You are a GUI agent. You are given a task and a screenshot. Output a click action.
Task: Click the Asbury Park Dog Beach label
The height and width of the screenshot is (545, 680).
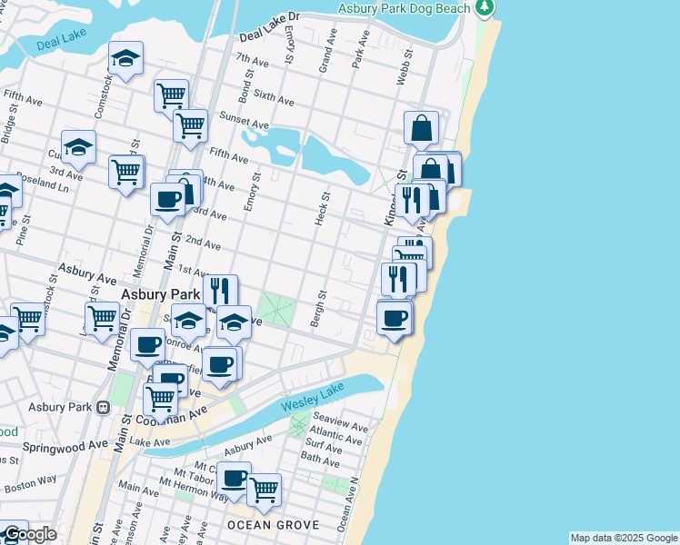404,8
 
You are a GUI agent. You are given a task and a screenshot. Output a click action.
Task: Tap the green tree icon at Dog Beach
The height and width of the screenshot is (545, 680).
485,8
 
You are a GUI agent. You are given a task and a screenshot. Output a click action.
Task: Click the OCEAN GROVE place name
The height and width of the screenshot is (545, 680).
273,525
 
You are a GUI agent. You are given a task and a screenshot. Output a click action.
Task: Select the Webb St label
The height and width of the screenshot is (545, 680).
402,67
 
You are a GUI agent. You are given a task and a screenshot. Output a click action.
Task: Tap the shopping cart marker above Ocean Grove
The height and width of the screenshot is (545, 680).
264,489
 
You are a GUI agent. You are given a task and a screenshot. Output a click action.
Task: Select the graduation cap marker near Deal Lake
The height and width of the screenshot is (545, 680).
125,58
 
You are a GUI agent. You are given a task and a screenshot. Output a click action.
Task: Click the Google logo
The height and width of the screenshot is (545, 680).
28,534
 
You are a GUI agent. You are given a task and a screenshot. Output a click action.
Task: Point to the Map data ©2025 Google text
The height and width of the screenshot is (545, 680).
624,538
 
